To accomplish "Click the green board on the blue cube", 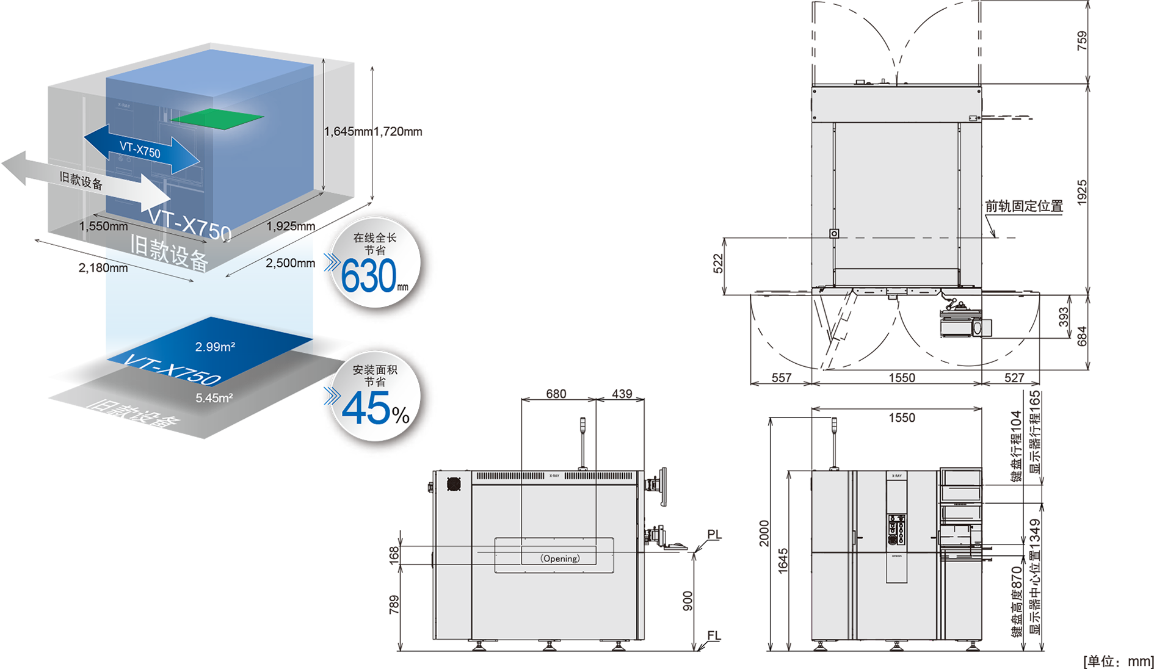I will pos(217,118).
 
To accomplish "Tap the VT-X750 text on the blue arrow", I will pos(140,150).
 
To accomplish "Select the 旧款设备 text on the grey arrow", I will pos(81,181).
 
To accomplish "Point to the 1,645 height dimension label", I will pos(339,131).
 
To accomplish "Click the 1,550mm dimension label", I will pos(104,226).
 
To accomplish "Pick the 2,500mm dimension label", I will pos(289,263).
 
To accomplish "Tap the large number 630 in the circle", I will pos(368,277).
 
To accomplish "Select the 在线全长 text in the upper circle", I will pos(375,238).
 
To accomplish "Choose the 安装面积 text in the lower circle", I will pos(375,370).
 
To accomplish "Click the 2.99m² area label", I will pos(215,347).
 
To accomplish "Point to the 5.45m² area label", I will pos(214,398).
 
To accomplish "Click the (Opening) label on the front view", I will pos(560,559).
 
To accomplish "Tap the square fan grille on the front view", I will pos(453,484).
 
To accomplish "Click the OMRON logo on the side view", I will pos(896,556).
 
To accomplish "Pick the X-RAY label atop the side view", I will pos(896,476).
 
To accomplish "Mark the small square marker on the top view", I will pos(834,234).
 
